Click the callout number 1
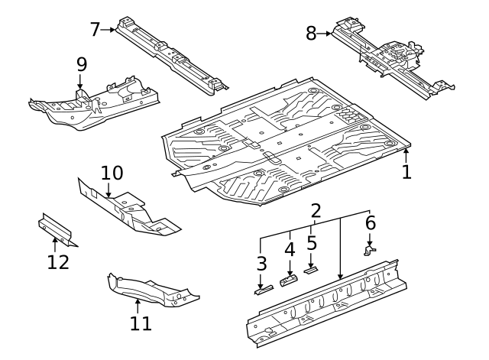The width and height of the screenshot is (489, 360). coord(406,172)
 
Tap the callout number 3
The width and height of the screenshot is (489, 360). coord(261,265)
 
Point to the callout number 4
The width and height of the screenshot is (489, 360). coord(290,249)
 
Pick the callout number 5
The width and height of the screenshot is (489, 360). coord(312,243)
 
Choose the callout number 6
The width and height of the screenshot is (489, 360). coord(370,223)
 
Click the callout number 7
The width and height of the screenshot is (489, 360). coord(96,30)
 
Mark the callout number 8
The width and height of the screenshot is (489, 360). coord(311,34)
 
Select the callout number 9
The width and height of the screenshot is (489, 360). coord(81,65)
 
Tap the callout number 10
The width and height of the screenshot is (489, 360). coord(112,173)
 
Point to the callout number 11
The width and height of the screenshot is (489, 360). coord(141,323)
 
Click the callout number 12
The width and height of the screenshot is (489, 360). coord(58,262)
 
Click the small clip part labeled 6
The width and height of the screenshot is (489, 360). coord(370,248)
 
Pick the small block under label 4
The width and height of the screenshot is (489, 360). coord(290,280)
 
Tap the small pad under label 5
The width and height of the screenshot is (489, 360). coord(311,269)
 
